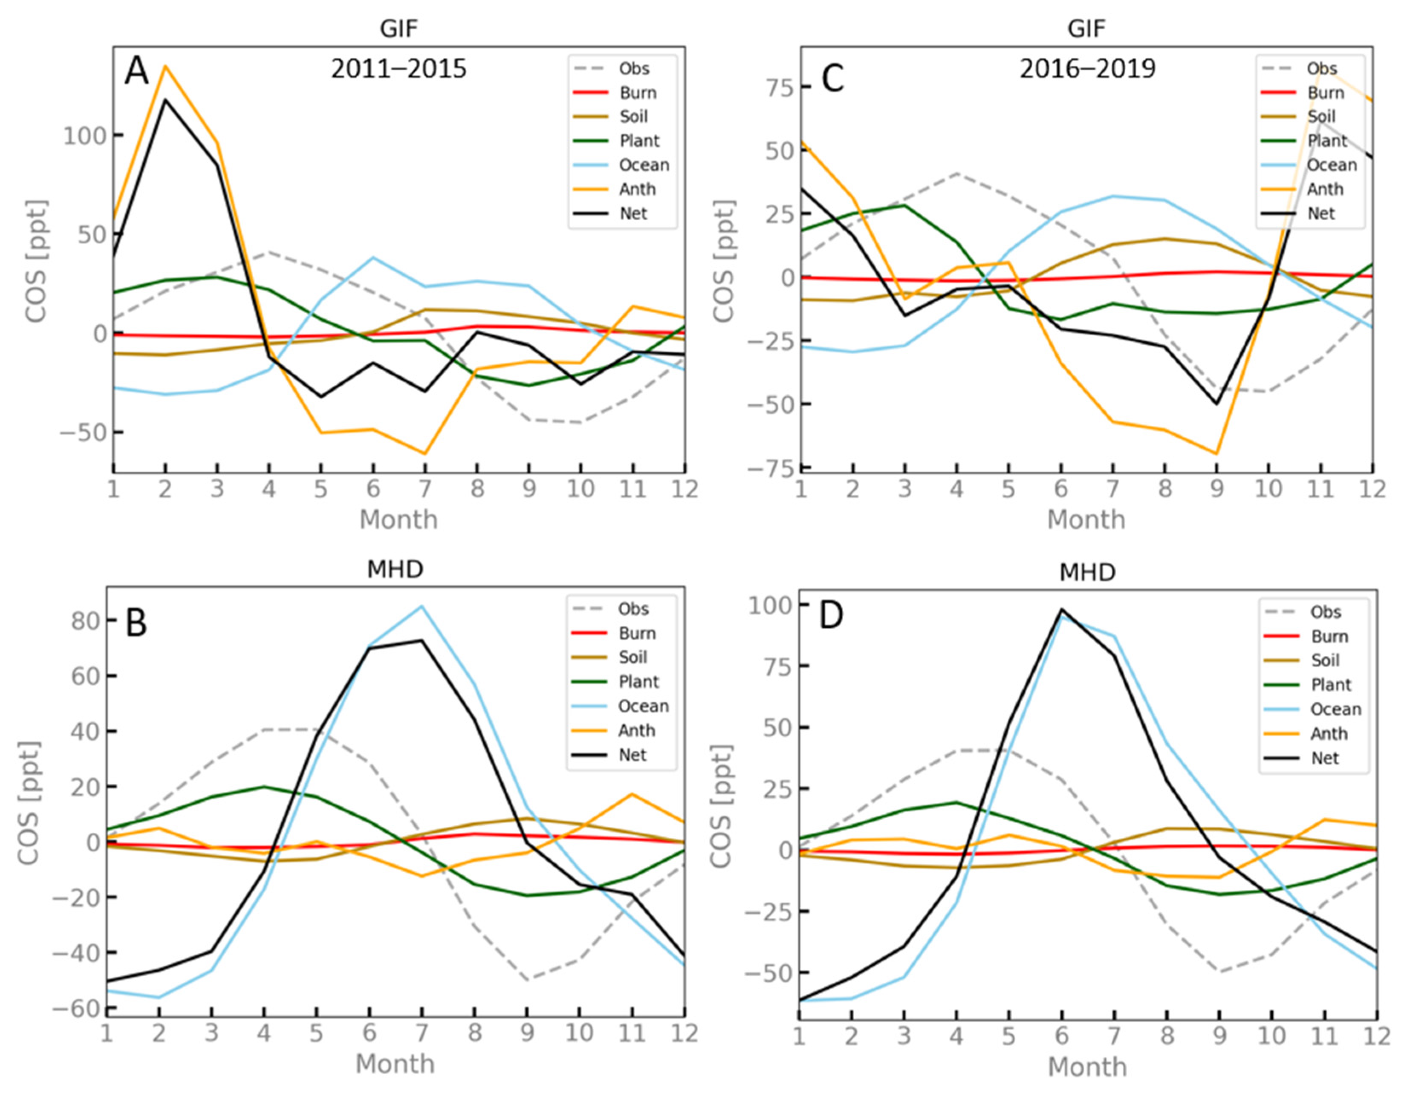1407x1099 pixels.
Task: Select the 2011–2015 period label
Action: (x=399, y=68)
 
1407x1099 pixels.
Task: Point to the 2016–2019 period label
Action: (x=1087, y=68)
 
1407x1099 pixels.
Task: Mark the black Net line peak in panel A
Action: (x=165, y=99)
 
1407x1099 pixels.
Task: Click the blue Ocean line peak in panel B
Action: (x=422, y=606)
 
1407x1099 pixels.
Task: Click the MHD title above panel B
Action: (x=395, y=569)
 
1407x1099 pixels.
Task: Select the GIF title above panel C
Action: (x=1087, y=29)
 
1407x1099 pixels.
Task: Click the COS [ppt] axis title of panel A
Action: (x=36, y=261)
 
